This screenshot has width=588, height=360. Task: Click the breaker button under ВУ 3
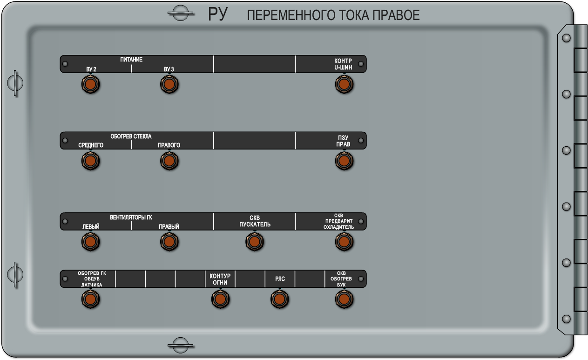(x=169, y=84)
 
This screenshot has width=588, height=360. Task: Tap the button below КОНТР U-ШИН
(x=344, y=84)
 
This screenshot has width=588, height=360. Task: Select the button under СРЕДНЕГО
(x=91, y=161)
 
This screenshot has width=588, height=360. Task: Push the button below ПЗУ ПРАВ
(x=344, y=161)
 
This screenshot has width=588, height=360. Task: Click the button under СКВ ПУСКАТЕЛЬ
(x=255, y=242)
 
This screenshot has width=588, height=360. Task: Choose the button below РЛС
(x=279, y=299)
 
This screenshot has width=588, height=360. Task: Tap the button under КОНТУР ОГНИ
(x=220, y=299)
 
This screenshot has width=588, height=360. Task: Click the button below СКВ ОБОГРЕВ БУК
(x=344, y=299)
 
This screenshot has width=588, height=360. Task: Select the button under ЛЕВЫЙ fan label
(x=91, y=242)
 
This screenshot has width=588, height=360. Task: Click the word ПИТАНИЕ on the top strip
(x=131, y=60)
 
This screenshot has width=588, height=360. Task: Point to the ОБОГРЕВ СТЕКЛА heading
(x=131, y=136)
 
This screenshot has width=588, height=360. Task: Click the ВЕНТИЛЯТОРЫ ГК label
(x=131, y=217)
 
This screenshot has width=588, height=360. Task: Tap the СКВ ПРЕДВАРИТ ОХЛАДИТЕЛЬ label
(x=338, y=221)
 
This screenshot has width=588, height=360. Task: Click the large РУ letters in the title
(x=217, y=14)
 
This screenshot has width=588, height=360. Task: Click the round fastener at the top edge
(x=180, y=13)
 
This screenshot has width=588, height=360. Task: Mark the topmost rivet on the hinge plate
(x=566, y=38)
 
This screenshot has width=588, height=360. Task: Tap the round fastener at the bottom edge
(x=180, y=345)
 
